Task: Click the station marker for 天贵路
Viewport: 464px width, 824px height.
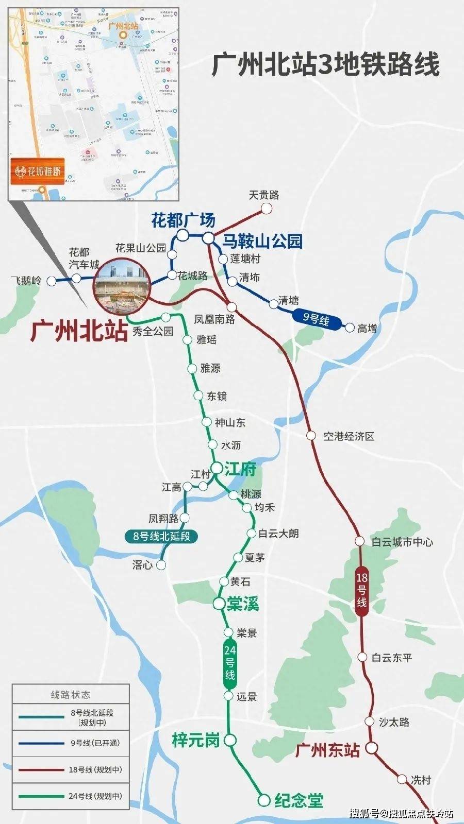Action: pyautogui.click(x=267, y=208)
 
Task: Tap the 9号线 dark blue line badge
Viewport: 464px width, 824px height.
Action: pyautogui.click(x=316, y=319)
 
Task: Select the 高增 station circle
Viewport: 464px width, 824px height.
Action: pyautogui.click(x=350, y=328)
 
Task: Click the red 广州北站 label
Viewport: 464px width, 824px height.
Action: pyautogui.click(x=79, y=331)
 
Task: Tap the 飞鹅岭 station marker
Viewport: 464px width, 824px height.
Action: pyautogui.click(x=51, y=281)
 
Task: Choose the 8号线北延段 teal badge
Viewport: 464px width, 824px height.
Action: pyautogui.click(x=161, y=536)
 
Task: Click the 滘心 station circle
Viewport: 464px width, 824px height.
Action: pyautogui.click(x=161, y=565)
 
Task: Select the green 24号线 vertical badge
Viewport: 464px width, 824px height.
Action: pyautogui.click(x=229, y=663)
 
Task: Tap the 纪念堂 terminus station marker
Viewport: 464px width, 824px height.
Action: pyautogui.click(x=264, y=800)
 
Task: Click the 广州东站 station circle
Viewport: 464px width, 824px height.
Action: pyautogui.click(x=371, y=748)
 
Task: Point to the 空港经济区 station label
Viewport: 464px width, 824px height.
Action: pyautogui.click(x=349, y=436)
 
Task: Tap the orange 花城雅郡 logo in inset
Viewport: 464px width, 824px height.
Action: pyautogui.click(x=38, y=171)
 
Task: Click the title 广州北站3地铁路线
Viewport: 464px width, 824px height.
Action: pyautogui.click(x=326, y=65)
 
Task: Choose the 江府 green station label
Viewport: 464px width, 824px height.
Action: pyautogui.click(x=240, y=469)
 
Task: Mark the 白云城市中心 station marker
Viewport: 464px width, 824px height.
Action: pyautogui.click(x=360, y=541)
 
